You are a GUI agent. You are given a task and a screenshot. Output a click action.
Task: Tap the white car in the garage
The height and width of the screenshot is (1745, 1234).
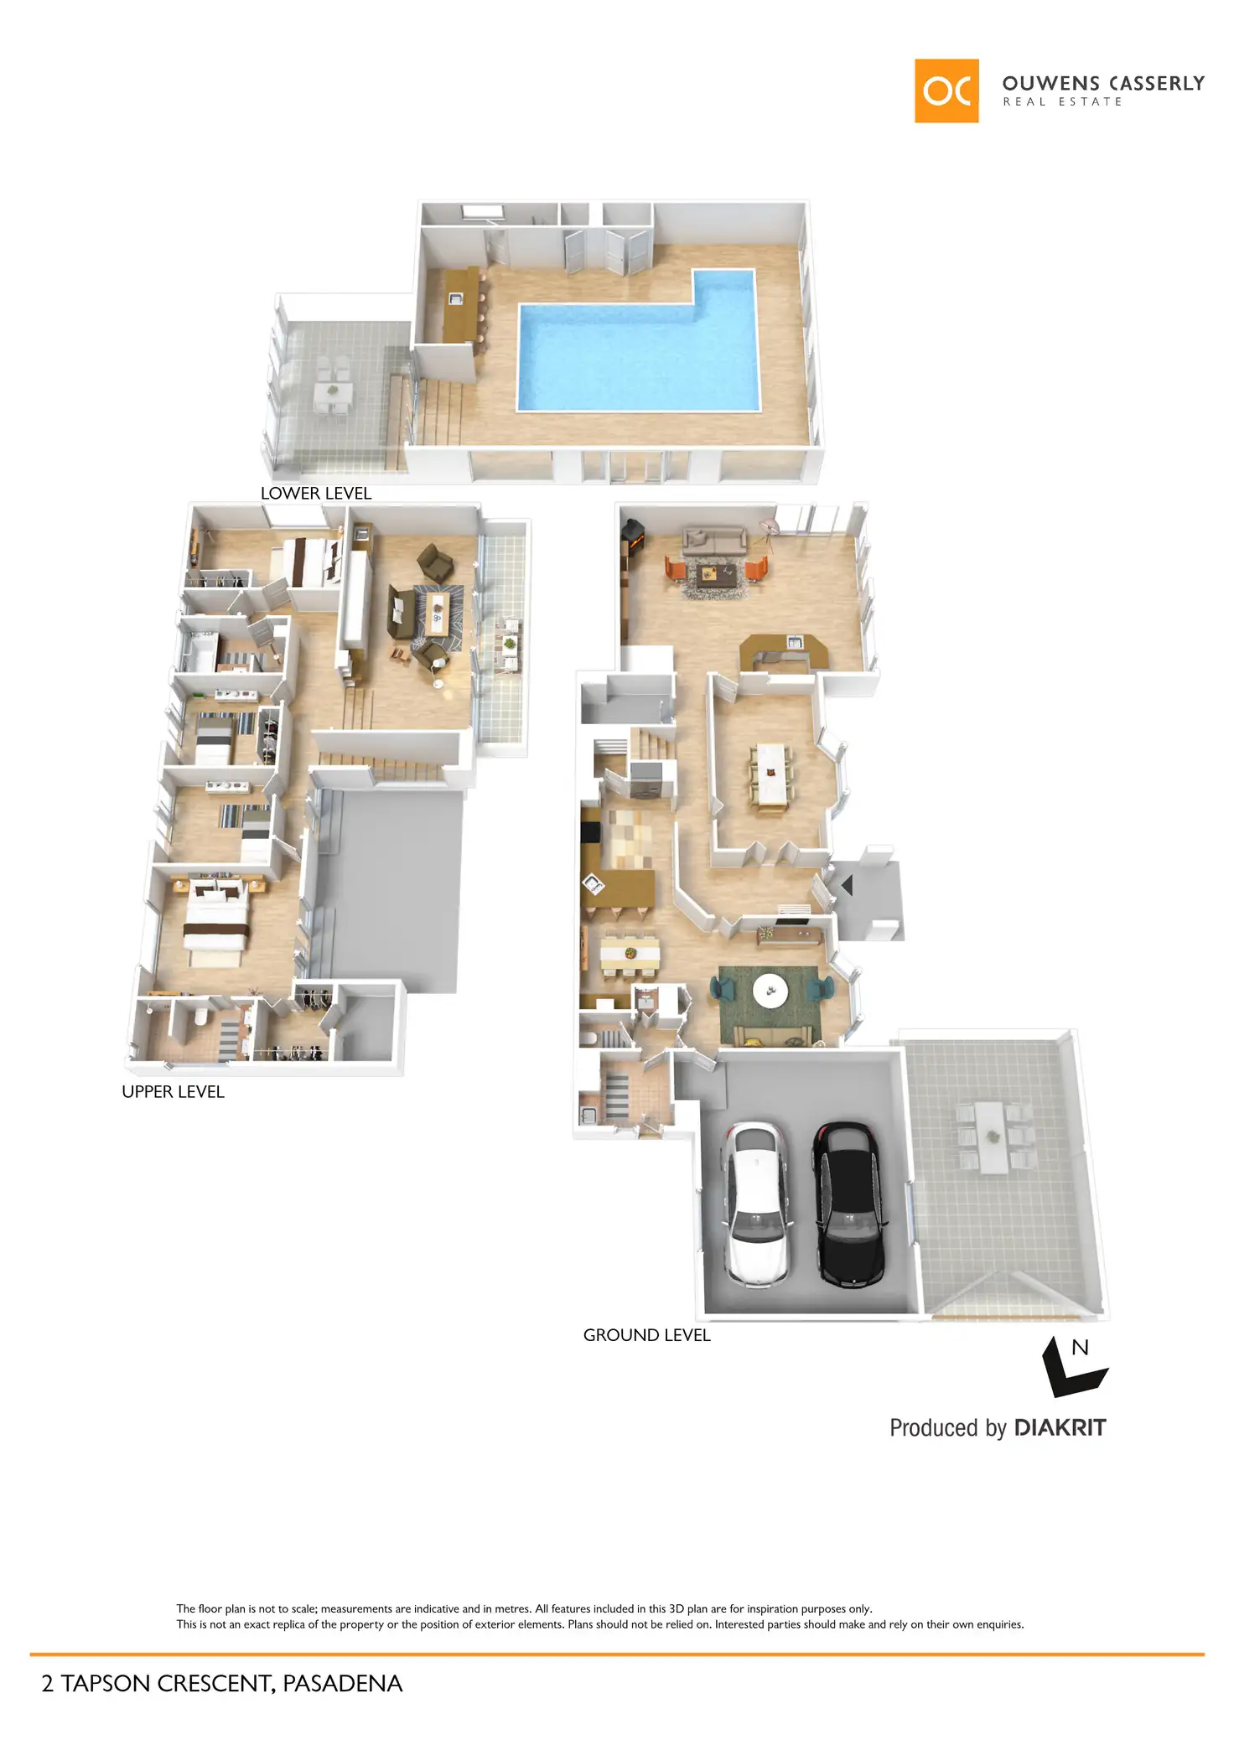click(x=756, y=1203)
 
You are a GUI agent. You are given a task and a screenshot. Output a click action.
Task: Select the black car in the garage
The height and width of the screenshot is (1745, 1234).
click(x=848, y=1203)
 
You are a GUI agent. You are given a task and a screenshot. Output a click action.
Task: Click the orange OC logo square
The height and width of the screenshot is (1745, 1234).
click(x=946, y=91)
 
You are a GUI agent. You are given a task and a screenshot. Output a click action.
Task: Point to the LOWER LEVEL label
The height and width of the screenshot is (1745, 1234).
click(x=315, y=494)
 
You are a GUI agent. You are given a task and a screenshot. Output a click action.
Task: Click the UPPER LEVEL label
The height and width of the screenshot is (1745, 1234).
click(x=173, y=1092)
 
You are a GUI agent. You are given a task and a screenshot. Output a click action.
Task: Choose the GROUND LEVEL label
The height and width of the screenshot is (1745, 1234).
click(x=646, y=1335)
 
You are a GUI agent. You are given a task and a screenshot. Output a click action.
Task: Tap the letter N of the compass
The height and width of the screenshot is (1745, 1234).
click(x=1080, y=1348)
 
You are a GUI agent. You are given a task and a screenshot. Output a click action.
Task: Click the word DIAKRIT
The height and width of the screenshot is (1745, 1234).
click(x=1060, y=1428)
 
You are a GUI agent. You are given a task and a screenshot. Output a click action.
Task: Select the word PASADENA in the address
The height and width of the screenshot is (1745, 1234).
click(x=342, y=1684)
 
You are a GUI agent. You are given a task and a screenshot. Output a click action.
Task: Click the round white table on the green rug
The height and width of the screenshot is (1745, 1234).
click(x=770, y=991)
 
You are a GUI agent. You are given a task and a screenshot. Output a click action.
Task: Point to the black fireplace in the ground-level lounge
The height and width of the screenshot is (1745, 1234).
click(x=633, y=537)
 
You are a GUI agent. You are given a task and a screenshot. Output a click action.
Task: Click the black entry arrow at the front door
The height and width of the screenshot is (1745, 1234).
click(x=847, y=885)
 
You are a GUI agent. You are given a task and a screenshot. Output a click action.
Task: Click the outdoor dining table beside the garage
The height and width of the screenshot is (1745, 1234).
click(x=993, y=1137)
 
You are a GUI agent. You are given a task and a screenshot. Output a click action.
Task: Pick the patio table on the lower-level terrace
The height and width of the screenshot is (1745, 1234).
click(x=333, y=391)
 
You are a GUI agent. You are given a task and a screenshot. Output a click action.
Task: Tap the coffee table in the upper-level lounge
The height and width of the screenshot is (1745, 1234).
click(x=437, y=614)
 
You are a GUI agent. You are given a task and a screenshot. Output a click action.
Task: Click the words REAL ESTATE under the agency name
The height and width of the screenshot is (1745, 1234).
click(x=1062, y=102)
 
